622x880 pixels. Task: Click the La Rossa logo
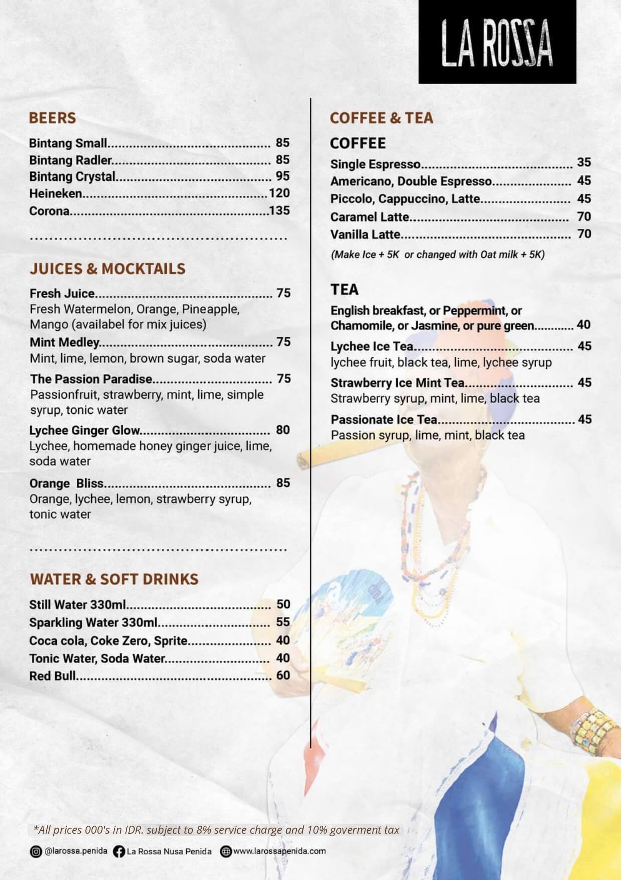pos(497,43)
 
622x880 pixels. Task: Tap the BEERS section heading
pos(52,118)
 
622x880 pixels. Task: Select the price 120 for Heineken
pos(279,193)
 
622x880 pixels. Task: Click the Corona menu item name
pos(49,211)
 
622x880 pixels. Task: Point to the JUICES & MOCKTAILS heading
pos(107,269)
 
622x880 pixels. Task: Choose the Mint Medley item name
pos(64,342)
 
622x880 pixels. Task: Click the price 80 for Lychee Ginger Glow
pos(283,430)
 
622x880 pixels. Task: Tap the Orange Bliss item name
pos(66,483)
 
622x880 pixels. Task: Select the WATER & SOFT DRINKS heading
pos(114,579)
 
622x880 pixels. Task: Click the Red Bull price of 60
pos(283,675)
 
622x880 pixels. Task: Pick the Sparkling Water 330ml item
pos(93,622)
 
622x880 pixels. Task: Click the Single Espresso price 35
pos(584,162)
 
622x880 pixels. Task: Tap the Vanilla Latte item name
pos(365,234)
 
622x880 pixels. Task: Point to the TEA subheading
pos(345,290)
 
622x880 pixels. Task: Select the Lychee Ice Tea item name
pos(372,346)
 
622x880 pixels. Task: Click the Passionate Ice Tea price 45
pos(585,419)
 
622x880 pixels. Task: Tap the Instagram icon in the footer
pos(36,851)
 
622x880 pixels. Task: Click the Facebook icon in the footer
pos(119,851)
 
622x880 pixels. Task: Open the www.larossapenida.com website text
pos(279,851)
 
